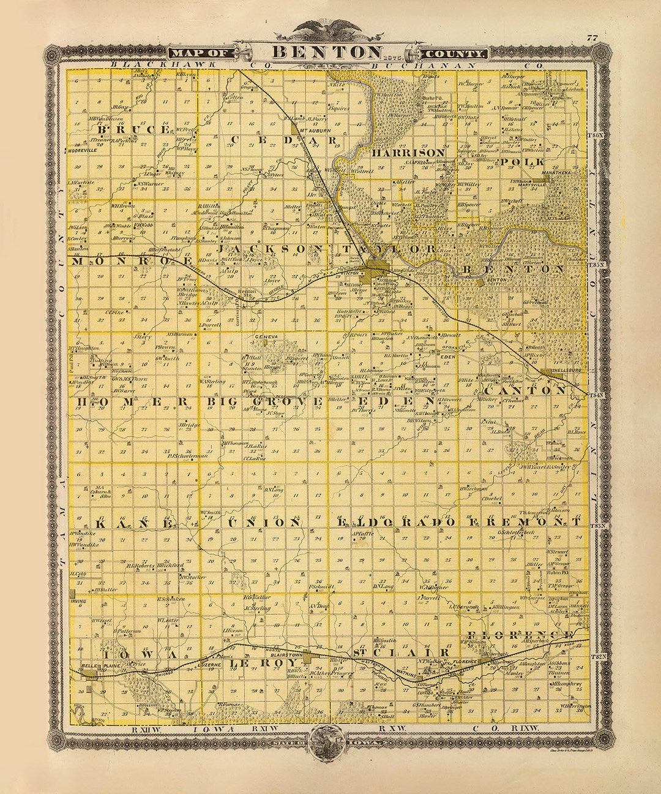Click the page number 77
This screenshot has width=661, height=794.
point(592,38)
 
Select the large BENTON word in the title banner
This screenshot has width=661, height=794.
point(327,51)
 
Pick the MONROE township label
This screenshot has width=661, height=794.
point(131,260)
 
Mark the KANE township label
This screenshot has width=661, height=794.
point(128,523)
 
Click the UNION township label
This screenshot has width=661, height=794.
point(264,523)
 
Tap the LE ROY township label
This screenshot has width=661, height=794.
point(249,663)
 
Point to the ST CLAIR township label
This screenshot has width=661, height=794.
point(391,653)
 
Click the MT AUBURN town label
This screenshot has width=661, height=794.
point(315,129)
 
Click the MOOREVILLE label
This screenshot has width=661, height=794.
point(83,149)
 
